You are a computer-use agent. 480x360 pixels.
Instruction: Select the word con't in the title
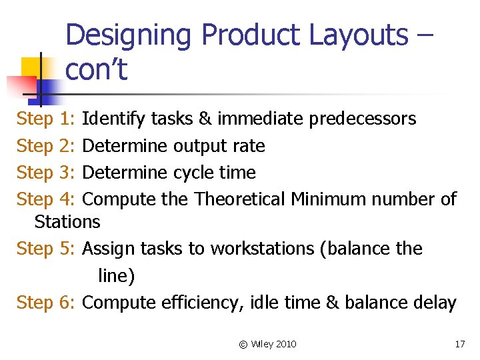pos(96,69)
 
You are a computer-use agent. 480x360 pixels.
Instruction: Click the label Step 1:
pos(46,119)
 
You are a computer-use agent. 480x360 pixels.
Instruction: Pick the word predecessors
pos(361,119)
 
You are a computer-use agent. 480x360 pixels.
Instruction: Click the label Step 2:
pos(46,146)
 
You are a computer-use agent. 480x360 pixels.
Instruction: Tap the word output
pos(199,146)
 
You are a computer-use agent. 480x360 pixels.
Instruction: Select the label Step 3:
pos(46,173)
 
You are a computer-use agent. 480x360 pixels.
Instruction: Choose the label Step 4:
pos(46,199)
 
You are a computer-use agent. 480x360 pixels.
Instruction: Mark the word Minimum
pos(328,199)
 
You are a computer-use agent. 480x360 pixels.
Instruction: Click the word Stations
pos(67,221)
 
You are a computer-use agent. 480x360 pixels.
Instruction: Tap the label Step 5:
pos(46,249)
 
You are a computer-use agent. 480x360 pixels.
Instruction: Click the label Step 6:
pos(46,303)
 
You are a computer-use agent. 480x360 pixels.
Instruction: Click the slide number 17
pos(459,344)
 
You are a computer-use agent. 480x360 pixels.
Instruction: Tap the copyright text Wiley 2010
pos(273,344)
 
